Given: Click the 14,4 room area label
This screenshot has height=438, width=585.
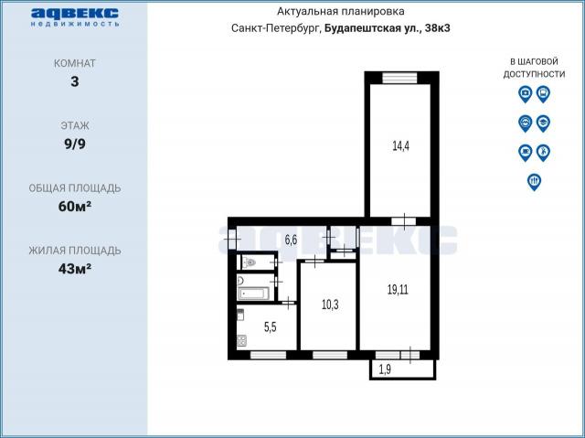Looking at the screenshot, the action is pyautogui.click(x=400, y=146).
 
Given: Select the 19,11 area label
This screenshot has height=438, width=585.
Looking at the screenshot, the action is pyautogui.click(x=398, y=290).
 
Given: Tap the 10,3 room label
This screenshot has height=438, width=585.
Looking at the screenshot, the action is pyautogui.click(x=330, y=304).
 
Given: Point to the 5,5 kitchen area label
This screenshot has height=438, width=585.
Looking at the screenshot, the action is pyautogui.click(x=271, y=327).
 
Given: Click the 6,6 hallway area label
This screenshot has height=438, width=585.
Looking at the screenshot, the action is pyautogui.click(x=291, y=240).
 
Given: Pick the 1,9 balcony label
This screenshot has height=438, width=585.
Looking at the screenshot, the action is pyautogui.click(x=385, y=369).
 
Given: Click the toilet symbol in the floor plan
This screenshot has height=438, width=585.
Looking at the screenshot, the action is pyautogui.click(x=250, y=262).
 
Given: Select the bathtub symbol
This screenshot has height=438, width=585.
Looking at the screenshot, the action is pyautogui.click(x=254, y=294).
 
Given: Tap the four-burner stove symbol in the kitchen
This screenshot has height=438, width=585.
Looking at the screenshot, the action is pyautogui.click(x=241, y=341).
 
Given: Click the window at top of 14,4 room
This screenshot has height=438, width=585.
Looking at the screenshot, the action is pyautogui.click(x=399, y=78).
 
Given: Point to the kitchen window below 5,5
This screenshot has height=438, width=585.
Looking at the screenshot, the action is pyautogui.click(x=268, y=355).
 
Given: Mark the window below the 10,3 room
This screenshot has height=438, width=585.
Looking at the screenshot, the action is pyautogui.click(x=330, y=355).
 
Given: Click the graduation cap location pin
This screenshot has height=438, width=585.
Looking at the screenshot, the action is pyautogui.click(x=543, y=123).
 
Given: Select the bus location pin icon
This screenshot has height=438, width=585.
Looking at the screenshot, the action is pyautogui.click(x=543, y=94).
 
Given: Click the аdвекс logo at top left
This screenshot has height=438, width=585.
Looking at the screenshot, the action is pyautogui.click(x=75, y=16).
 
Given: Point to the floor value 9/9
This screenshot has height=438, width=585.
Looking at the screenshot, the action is pyautogui.click(x=75, y=144).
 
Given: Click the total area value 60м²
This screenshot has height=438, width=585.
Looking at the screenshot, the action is pyautogui.click(x=75, y=207).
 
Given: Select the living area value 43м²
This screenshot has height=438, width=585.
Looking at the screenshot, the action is pyautogui.click(x=75, y=269).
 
